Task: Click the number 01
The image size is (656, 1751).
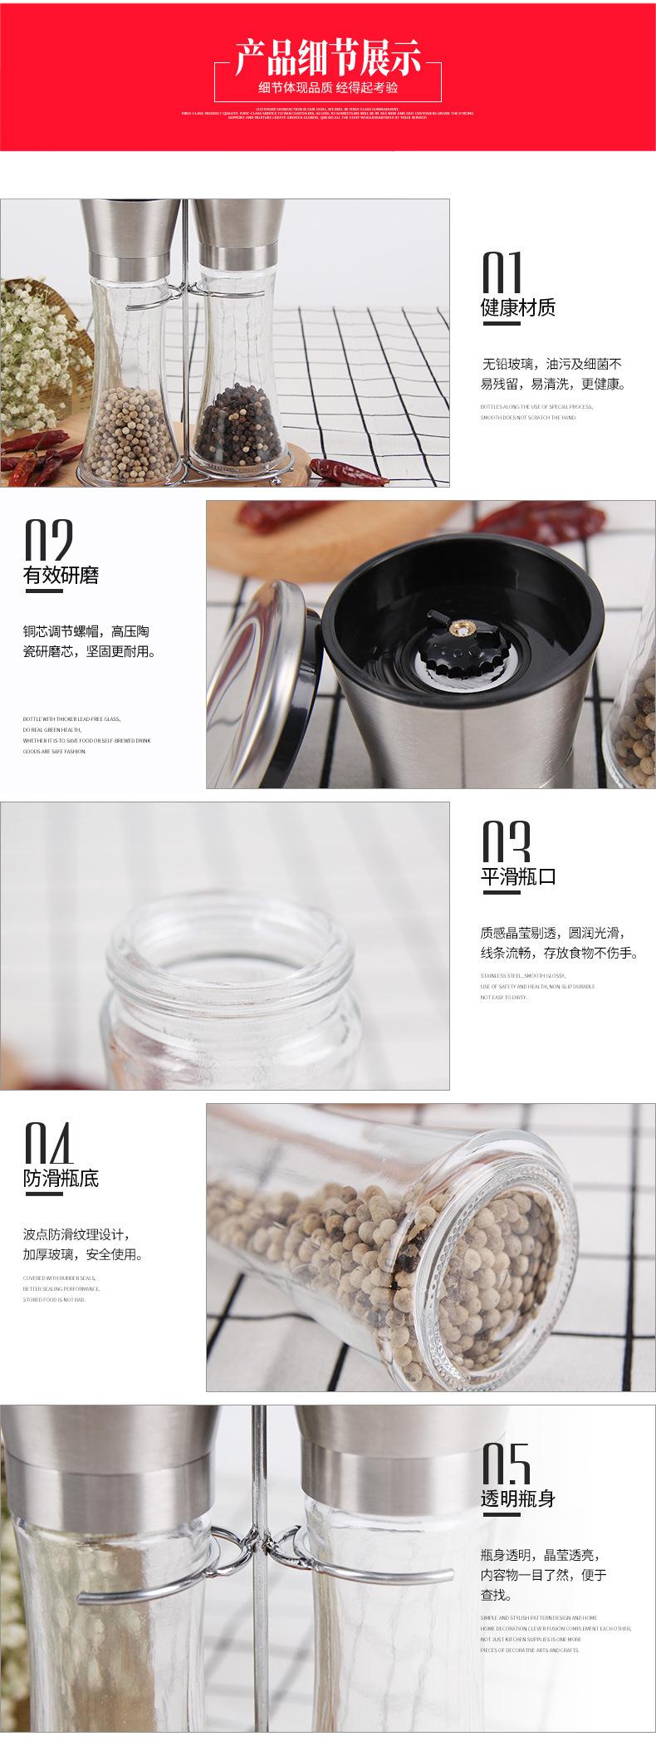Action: pyautogui.click(x=502, y=272)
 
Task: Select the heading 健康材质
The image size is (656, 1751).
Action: pyautogui.click(x=517, y=308)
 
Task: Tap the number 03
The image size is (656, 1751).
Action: pyautogui.click(x=505, y=842)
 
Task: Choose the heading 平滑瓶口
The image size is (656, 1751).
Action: pyautogui.click(x=517, y=876)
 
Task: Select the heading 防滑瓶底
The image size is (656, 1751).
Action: pyautogui.click(x=61, y=1178)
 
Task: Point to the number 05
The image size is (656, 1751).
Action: pyautogui.click(x=505, y=1464)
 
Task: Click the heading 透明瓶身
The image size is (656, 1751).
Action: pyautogui.click(x=517, y=1499)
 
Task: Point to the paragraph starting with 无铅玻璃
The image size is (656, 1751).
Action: pyautogui.click(x=552, y=374)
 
